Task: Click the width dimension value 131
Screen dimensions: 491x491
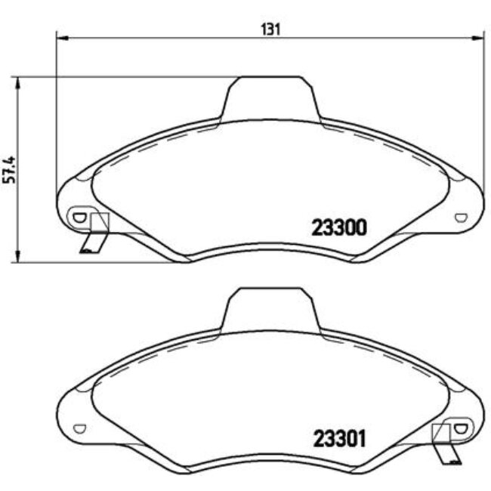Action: [x=270, y=29]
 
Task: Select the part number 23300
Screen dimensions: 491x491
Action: [x=339, y=227]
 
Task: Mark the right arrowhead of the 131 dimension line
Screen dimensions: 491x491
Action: [x=478, y=36]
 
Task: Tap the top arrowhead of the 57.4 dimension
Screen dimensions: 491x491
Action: [x=16, y=80]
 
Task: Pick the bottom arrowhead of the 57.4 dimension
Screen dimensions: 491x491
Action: [x=16, y=259]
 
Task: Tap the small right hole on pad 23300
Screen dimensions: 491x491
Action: [x=462, y=218]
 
